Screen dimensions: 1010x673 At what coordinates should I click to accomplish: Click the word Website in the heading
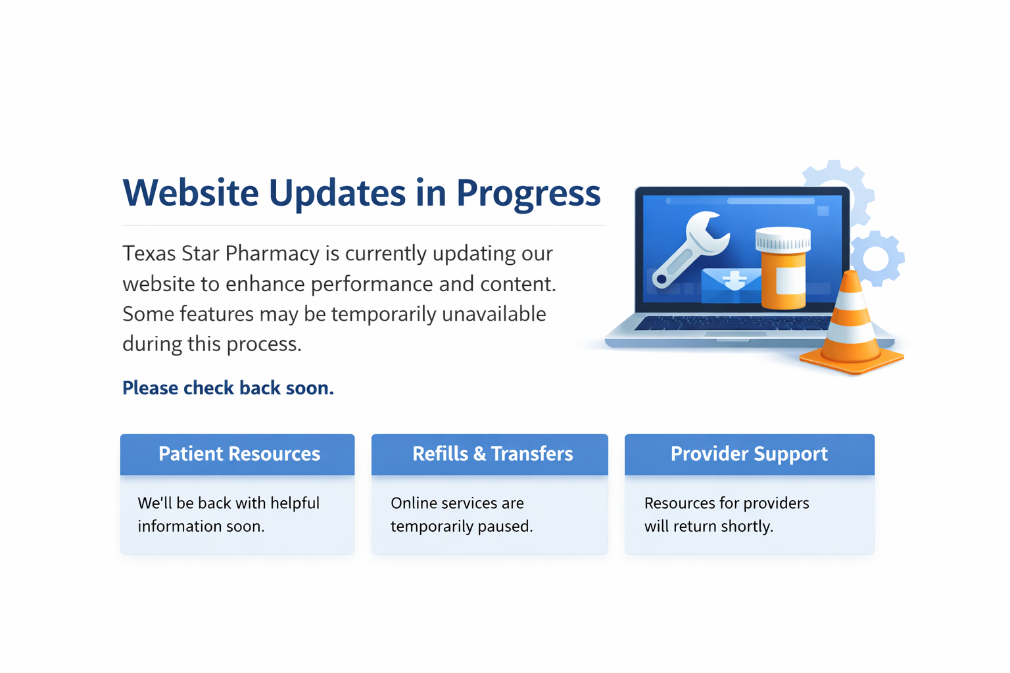coord(191,193)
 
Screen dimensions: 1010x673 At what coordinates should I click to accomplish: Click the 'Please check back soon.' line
coord(228,388)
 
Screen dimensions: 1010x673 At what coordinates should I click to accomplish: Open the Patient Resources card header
coord(237,454)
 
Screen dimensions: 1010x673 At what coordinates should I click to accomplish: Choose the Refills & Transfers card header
coord(490,454)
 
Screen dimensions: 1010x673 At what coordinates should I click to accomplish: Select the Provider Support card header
coord(750,454)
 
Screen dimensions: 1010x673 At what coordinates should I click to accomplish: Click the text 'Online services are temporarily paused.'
coord(462,515)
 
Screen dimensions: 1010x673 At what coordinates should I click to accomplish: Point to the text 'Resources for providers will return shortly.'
coord(727,515)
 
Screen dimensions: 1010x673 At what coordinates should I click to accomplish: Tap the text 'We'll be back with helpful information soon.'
coord(229,515)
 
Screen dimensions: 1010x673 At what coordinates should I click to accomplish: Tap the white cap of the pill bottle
coord(783,239)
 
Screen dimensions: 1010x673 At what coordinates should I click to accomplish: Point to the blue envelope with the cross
coord(731,286)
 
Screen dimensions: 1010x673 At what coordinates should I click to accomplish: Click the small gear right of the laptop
coord(877,259)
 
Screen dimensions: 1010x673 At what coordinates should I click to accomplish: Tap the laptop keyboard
coord(733,323)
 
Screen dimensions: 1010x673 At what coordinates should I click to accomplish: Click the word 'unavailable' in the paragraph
coord(494,314)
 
